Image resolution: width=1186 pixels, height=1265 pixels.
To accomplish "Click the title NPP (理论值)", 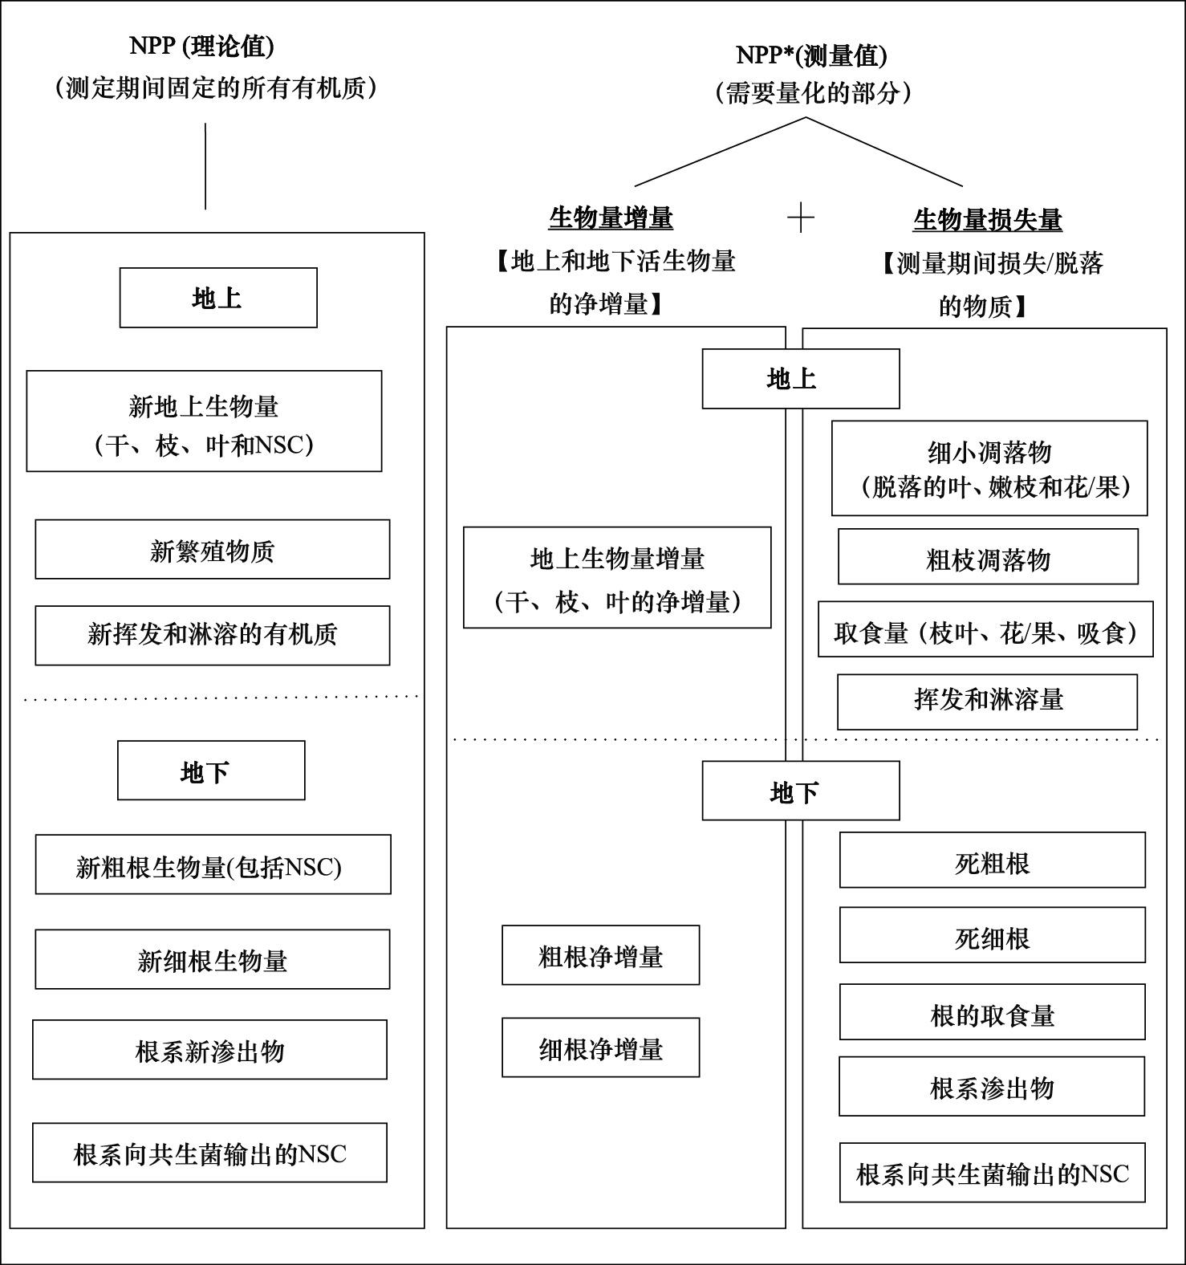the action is [x=201, y=47].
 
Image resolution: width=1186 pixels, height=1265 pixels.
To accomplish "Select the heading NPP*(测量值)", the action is [x=811, y=55].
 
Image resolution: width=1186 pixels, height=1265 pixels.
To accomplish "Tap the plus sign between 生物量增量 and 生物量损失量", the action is [x=801, y=218].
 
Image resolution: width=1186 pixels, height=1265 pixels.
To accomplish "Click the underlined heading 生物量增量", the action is [x=611, y=218].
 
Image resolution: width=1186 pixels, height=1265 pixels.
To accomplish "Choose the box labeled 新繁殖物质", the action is [x=213, y=549].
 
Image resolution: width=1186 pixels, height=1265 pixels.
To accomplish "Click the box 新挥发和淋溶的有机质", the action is [x=213, y=636].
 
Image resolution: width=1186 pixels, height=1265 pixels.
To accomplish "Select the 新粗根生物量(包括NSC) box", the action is [x=213, y=864].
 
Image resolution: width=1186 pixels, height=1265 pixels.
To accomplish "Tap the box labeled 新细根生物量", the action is [x=213, y=959].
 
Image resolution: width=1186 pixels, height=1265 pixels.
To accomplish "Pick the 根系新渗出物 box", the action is [x=209, y=1050].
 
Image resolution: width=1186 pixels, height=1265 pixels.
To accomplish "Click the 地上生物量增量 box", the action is [x=617, y=577].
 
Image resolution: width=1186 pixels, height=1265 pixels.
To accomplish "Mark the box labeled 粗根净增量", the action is [x=601, y=955].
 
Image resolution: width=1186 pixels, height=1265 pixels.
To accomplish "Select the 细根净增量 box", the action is [x=601, y=1047].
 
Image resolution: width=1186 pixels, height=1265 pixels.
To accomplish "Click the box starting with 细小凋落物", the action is [x=989, y=468].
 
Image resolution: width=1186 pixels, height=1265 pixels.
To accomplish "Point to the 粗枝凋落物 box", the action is [x=988, y=556].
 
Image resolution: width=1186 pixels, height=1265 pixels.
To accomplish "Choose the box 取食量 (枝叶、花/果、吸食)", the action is [x=985, y=629].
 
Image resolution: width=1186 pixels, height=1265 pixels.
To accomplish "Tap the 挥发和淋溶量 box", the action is [x=987, y=702].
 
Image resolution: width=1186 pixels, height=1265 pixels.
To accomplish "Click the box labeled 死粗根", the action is [x=993, y=860].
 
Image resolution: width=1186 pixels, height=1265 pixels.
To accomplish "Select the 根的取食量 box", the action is [x=993, y=1012].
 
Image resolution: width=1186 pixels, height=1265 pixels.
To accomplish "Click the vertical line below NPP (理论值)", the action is [x=205, y=166].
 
